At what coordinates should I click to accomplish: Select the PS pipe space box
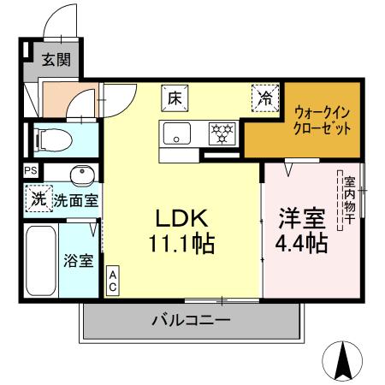pos(31,169)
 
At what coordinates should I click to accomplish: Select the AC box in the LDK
pos(111,281)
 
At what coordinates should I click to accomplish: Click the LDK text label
pos(181,216)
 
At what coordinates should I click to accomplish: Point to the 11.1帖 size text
pos(181,244)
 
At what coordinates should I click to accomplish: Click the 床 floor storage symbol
pos(173,98)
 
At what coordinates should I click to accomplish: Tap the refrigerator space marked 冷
pos(265,99)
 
